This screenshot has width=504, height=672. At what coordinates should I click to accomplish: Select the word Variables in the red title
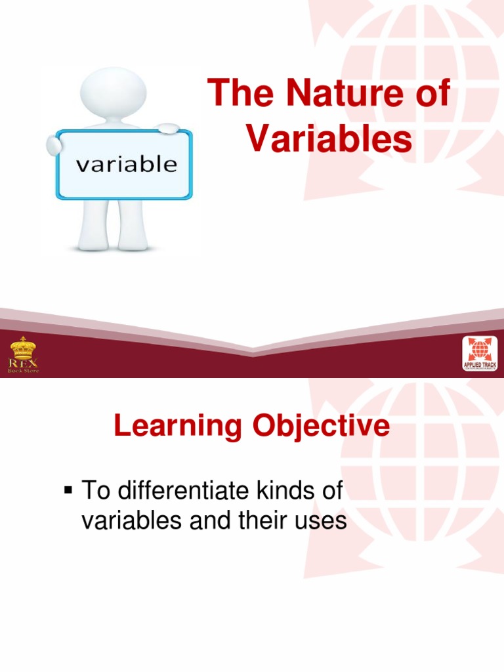click(x=330, y=138)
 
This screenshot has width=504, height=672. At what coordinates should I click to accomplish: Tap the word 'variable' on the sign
click(x=126, y=163)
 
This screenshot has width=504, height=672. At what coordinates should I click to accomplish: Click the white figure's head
click(x=112, y=91)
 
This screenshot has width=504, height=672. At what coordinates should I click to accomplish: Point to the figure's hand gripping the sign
click(x=168, y=129)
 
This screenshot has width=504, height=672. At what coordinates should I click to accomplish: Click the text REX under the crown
click(x=23, y=362)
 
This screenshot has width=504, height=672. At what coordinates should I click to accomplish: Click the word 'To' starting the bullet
click(x=93, y=491)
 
